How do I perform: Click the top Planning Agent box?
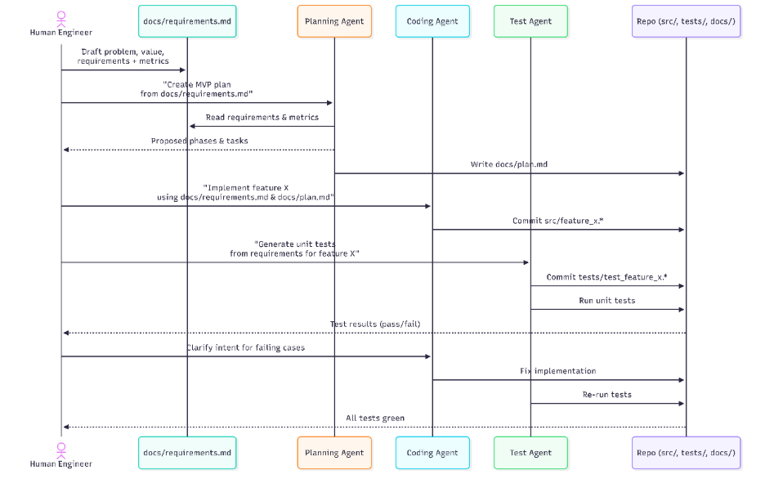point(334,21)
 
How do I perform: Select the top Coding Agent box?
point(432,21)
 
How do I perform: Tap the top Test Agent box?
point(530,21)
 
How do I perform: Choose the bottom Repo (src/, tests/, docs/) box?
point(686,452)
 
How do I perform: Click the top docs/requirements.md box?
point(187,21)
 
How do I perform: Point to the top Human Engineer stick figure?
point(61,16)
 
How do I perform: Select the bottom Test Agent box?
point(530,452)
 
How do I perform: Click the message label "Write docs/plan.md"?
point(509,164)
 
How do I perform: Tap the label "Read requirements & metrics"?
point(262,118)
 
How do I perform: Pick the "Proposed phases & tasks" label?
point(199,141)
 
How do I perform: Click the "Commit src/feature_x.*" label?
point(557,221)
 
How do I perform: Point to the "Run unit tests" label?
point(606,301)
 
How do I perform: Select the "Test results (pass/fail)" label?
point(375,324)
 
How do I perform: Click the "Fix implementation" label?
point(558,371)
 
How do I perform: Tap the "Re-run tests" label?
point(606,395)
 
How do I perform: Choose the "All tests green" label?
point(375,418)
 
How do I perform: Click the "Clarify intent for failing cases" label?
point(246,347)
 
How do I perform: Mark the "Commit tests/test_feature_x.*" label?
point(606,277)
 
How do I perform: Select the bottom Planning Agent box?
point(334,452)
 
